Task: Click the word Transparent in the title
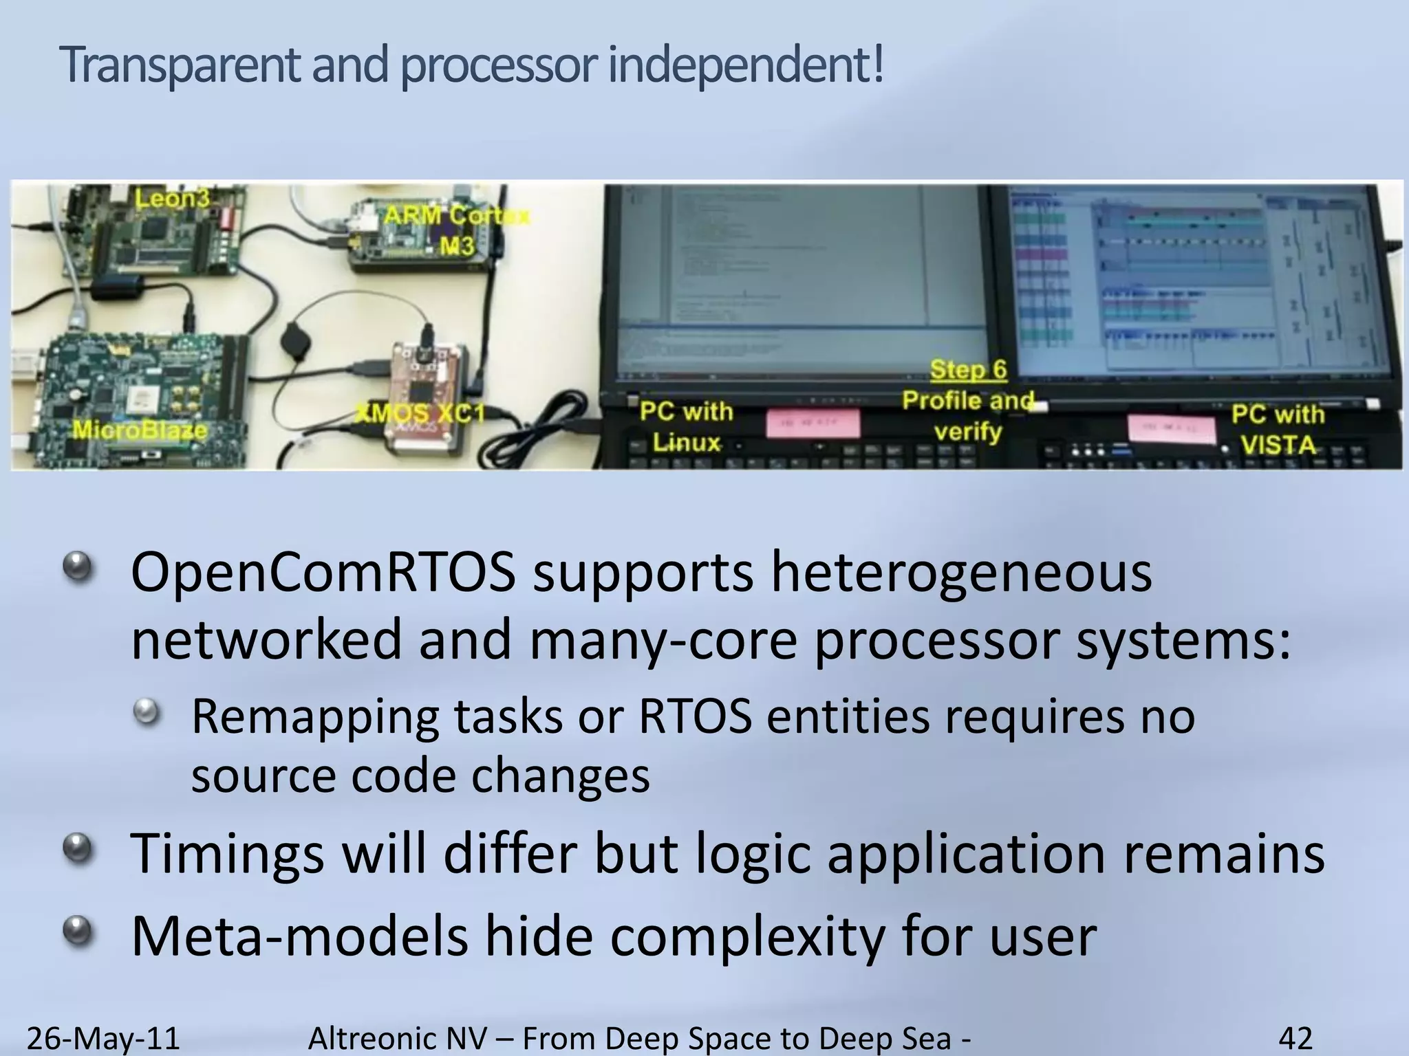180,65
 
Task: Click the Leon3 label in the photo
172,199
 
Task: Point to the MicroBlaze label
140,430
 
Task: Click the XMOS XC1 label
420,413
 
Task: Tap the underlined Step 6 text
968,370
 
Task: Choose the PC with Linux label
686,426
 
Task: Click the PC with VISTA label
1278,429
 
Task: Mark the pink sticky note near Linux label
813,423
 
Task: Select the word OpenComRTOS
323,574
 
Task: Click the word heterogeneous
961,574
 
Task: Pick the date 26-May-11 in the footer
103,1037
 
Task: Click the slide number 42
1295,1037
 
